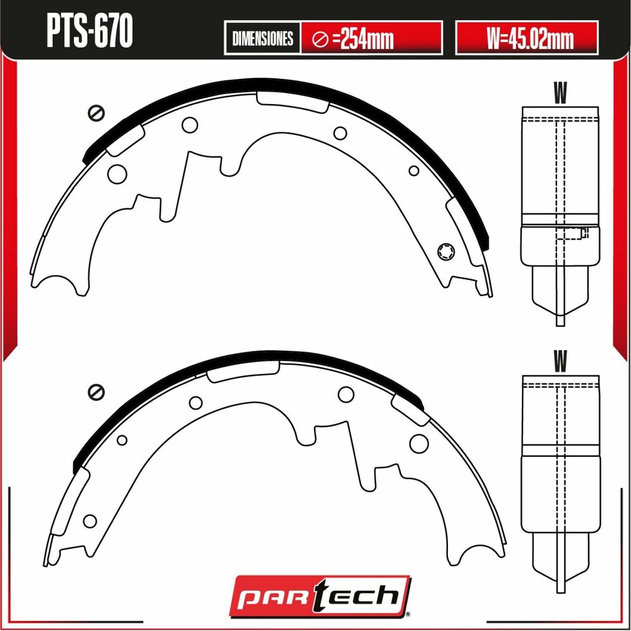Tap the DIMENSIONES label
262,38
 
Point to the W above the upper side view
560,93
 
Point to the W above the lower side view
560,361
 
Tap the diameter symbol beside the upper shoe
96,113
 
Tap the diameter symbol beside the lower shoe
96,392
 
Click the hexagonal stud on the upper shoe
446,252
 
